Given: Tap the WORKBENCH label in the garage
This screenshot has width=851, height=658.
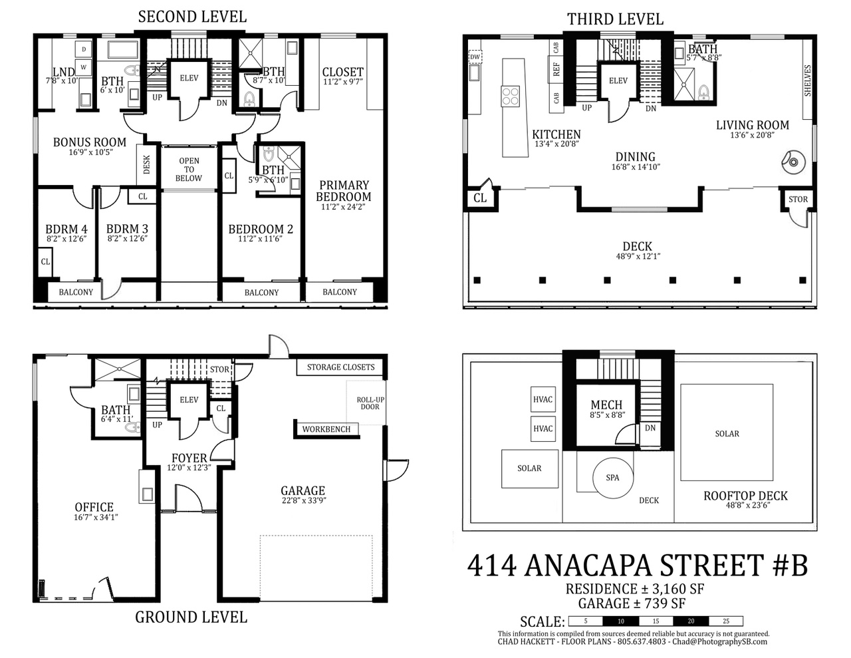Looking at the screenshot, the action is click(x=326, y=429).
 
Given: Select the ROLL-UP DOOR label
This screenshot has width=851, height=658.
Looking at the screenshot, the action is click(x=370, y=403).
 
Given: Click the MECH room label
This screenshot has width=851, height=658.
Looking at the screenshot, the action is click(x=606, y=405).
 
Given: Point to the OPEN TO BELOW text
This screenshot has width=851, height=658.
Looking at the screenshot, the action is click(x=189, y=169).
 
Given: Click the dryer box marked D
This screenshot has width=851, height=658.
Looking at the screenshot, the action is click(x=83, y=49).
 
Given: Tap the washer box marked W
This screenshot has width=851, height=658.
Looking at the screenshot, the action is click(x=83, y=67).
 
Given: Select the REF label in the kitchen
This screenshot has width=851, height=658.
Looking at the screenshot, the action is click(x=556, y=69).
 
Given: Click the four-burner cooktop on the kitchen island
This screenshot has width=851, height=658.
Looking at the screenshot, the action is click(x=511, y=96).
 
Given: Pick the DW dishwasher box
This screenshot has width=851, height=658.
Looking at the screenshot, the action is click(x=475, y=57).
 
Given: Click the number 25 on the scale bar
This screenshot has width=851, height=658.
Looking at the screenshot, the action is click(x=726, y=621).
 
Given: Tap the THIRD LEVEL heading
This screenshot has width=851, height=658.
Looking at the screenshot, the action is click(x=615, y=19).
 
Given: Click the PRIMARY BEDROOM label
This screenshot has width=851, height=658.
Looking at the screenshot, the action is click(x=344, y=191).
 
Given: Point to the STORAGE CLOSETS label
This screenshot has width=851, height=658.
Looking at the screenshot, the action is click(x=340, y=367).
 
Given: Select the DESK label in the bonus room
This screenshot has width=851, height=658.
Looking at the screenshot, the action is click(x=146, y=164).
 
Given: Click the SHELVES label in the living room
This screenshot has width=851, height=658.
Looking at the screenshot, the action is click(x=808, y=81).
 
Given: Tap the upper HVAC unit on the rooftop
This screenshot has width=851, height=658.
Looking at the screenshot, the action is click(x=543, y=399).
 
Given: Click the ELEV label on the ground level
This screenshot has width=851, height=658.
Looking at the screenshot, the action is click(x=189, y=400).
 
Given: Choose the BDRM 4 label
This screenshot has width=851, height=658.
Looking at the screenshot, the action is click(x=66, y=229).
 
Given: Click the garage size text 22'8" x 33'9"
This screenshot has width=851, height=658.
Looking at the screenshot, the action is click(x=304, y=500).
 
